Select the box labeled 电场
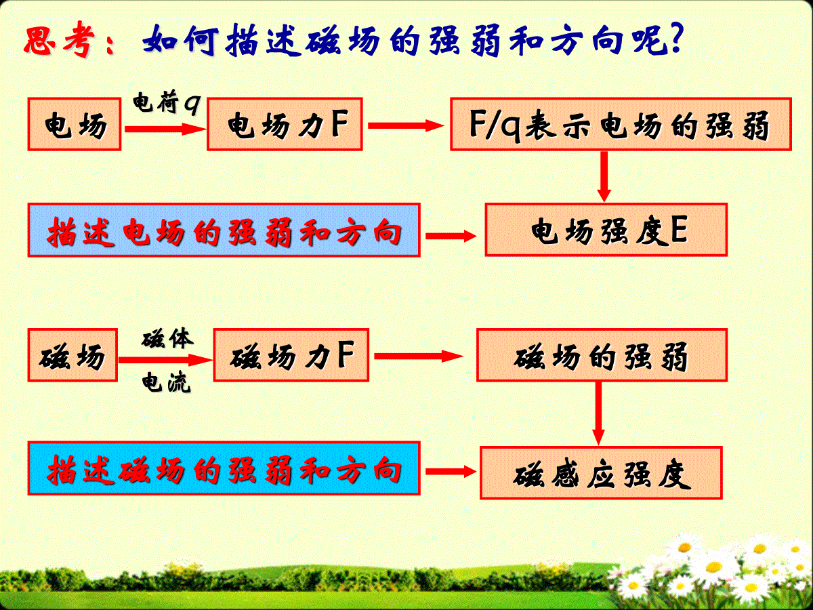pos(75,124)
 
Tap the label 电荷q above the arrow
pos(167,102)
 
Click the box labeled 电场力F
pos(285,124)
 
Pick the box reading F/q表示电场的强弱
pos(621,124)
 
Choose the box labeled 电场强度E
pos(606,230)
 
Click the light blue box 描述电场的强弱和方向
pos(224,230)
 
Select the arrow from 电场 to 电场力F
pos(165,129)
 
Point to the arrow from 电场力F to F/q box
pos(406,125)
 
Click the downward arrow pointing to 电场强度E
pos(604,177)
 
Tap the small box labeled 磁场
pos(72,354)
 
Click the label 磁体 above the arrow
pos(167,338)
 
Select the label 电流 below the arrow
pos(166,382)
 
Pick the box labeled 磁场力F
pos(291,354)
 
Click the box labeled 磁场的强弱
pos(602,354)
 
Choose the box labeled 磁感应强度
pos(601,473)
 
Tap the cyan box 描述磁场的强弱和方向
pos(224,468)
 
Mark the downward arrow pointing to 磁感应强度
pos(598,413)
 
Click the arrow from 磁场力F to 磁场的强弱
pos(419,357)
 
